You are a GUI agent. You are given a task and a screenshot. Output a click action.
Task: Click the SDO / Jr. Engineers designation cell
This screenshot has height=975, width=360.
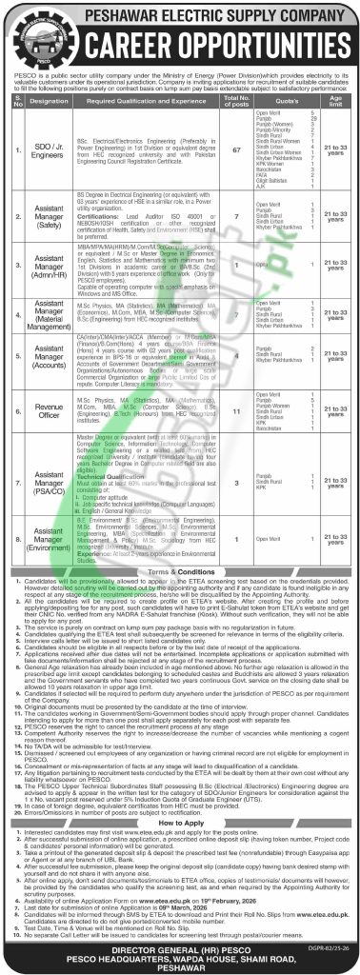tap(49, 149)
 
